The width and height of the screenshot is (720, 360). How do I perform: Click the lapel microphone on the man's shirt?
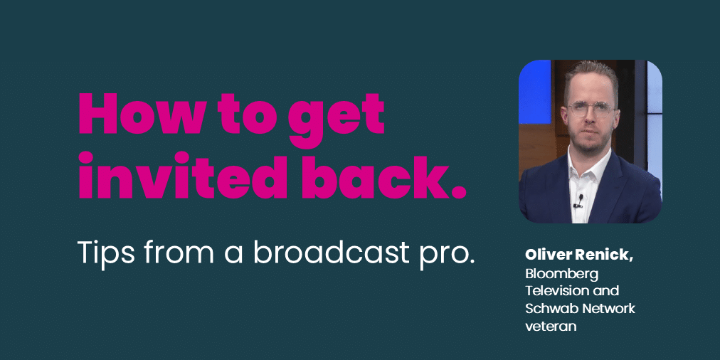[x=580, y=201]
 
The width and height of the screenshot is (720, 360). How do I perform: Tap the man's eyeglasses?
[x=591, y=110]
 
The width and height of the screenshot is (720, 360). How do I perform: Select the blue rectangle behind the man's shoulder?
[x=534, y=92]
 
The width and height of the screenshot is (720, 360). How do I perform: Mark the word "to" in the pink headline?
[x=241, y=114]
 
